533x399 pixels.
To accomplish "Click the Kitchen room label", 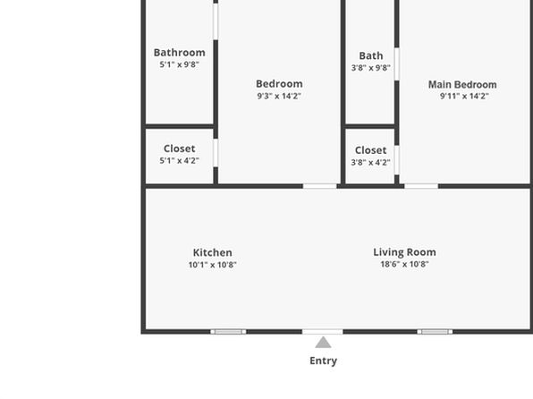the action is [213, 252].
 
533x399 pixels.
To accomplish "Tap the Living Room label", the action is [404, 252].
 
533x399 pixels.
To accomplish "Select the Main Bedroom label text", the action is [462, 84].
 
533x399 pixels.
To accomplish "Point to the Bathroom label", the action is [180, 53].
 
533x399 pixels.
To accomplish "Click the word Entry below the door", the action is [323, 361].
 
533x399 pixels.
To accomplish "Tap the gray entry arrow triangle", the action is [323, 343].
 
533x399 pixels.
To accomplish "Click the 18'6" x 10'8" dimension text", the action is [404, 264].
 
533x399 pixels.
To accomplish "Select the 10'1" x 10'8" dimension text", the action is [213, 265].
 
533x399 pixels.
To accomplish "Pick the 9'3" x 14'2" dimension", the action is [279, 96].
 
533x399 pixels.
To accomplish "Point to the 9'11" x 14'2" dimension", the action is [464, 96].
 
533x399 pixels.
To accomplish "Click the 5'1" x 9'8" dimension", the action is [180, 64].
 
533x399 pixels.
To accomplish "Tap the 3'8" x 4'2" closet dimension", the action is [370, 162].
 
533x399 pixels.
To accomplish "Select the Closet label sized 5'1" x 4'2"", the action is [180, 149].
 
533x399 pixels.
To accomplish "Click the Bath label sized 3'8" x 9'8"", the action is [371, 55].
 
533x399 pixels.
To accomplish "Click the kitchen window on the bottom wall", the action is [228, 332].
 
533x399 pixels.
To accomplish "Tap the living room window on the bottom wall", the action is [435, 332].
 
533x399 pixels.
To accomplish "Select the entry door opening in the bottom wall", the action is [323, 332].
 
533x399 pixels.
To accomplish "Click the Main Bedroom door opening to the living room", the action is [421, 186].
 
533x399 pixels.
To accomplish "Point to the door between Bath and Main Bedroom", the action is [397, 64].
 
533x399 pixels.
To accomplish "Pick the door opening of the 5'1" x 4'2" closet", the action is [216, 153].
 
